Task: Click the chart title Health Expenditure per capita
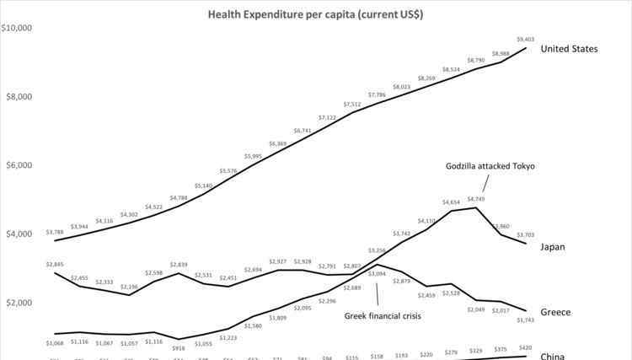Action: pos(316,14)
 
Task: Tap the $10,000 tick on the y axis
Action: pos(16,28)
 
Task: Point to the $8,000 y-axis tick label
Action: pos(18,96)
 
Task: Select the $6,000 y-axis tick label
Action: pos(18,165)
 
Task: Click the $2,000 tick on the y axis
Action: pos(18,303)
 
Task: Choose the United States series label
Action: pos(569,49)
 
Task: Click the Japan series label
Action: pos(553,247)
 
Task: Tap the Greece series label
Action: pos(555,313)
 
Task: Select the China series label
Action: pos(553,356)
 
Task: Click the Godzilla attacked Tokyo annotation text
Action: pos(490,166)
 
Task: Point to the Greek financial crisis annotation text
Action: pos(383,317)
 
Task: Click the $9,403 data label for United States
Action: pos(525,39)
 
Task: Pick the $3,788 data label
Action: pos(55,233)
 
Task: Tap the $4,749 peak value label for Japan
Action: pos(476,199)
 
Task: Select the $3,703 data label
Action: pos(525,234)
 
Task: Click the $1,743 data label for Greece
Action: pos(525,321)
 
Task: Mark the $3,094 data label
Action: pos(377,274)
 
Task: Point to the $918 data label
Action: pos(178,348)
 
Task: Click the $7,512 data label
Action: pos(351,105)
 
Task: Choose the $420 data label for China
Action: pos(525,347)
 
